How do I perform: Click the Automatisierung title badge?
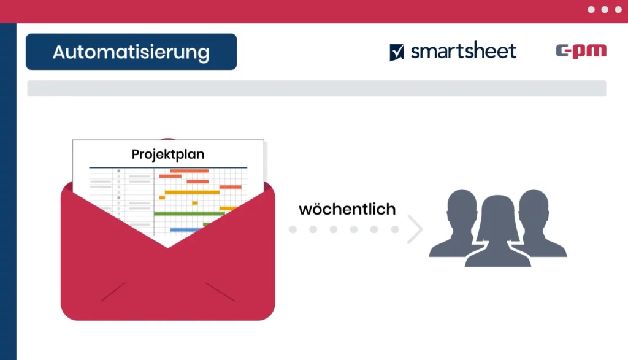131,52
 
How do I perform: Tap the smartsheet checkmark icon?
397,52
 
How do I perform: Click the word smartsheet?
464,51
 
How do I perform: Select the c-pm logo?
581,51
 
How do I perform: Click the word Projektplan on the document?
168,155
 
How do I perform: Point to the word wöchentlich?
347,209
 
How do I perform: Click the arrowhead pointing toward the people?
415,229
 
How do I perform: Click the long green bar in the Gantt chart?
190,214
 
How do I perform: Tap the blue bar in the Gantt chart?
185,230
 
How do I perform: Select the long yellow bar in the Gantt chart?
192,192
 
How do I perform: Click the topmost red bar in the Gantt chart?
190,171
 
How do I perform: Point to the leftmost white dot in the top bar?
591,10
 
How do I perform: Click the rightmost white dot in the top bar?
618,10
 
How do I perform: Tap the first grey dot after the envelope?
293,229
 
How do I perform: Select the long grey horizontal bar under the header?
317,88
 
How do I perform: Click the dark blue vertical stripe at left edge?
8,191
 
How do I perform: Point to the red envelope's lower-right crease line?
220,291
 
